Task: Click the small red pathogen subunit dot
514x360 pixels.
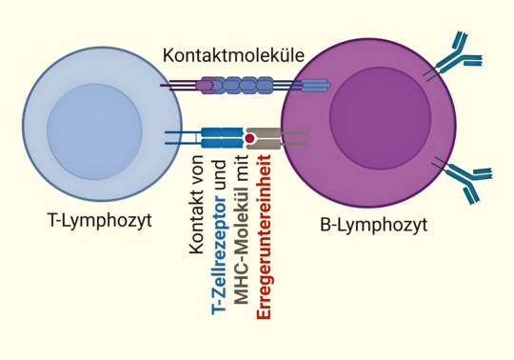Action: point(249,139)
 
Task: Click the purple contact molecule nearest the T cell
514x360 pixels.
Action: point(206,86)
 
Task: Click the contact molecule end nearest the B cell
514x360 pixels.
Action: point(315,86)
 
